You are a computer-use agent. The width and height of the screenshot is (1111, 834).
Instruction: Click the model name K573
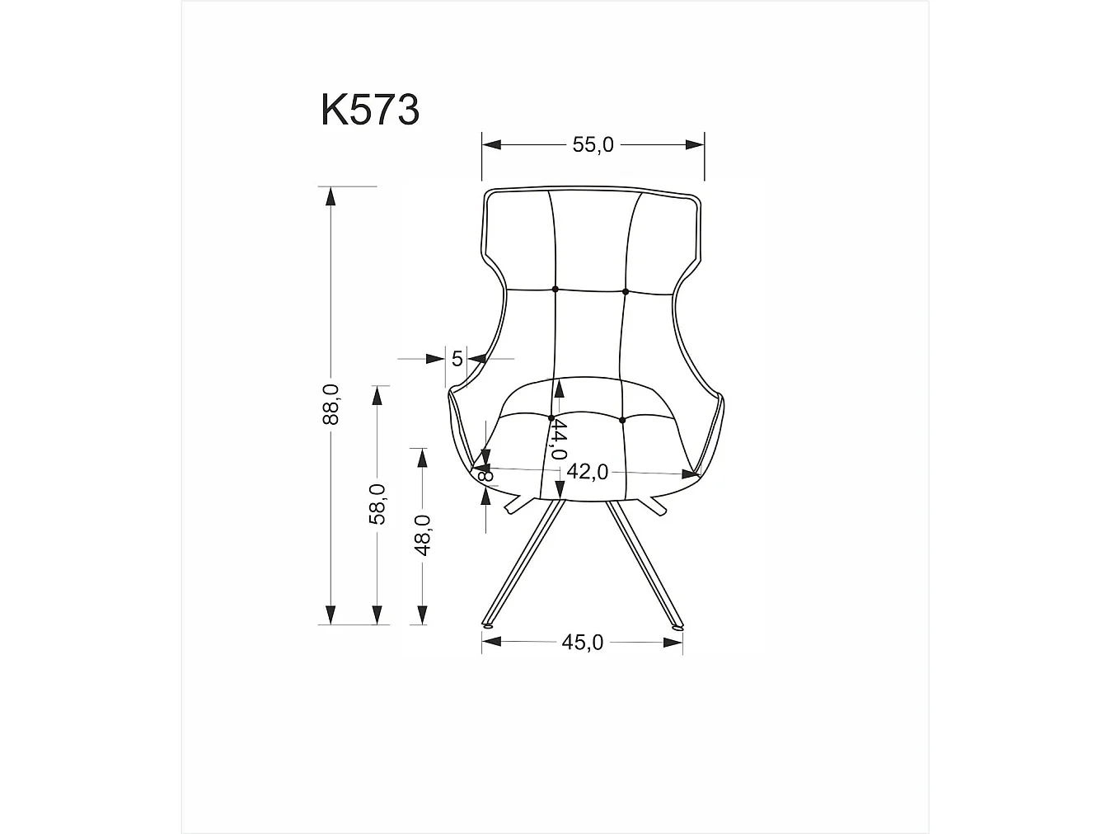(x=370, y=110)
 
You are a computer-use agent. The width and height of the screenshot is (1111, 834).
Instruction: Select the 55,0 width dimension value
(x=593, y=144)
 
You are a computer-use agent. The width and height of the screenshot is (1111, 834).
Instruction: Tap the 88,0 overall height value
(x=330, y=404)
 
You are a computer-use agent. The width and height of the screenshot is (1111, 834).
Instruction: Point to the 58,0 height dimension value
(x=377, y=504)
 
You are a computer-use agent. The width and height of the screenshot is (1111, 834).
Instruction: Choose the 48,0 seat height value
(x=422, y=535)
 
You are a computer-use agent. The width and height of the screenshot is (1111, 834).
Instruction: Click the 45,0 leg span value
(x=583, y=642)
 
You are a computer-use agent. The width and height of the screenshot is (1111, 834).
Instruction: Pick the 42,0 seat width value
(x=588, y=471)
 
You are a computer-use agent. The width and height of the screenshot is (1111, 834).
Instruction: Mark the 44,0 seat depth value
(x=559, y=439)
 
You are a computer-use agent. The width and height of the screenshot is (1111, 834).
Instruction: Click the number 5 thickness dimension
(x=457, y=358)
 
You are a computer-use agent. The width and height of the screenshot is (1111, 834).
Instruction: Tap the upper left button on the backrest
(x=555, y=290)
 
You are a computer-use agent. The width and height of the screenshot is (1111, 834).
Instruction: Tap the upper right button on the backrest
(x=626, y=291)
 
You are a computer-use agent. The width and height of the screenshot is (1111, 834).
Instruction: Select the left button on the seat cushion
(x=551, y=418)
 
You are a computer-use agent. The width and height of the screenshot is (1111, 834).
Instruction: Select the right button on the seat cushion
(x=622, y=420)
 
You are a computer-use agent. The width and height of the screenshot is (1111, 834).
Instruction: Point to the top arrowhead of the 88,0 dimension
(x=330, y=196)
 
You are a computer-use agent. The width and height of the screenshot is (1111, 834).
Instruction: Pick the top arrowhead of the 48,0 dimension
(x=422, y=457)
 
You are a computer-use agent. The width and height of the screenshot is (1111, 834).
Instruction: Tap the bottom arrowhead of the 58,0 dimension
(x=377, y=615)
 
